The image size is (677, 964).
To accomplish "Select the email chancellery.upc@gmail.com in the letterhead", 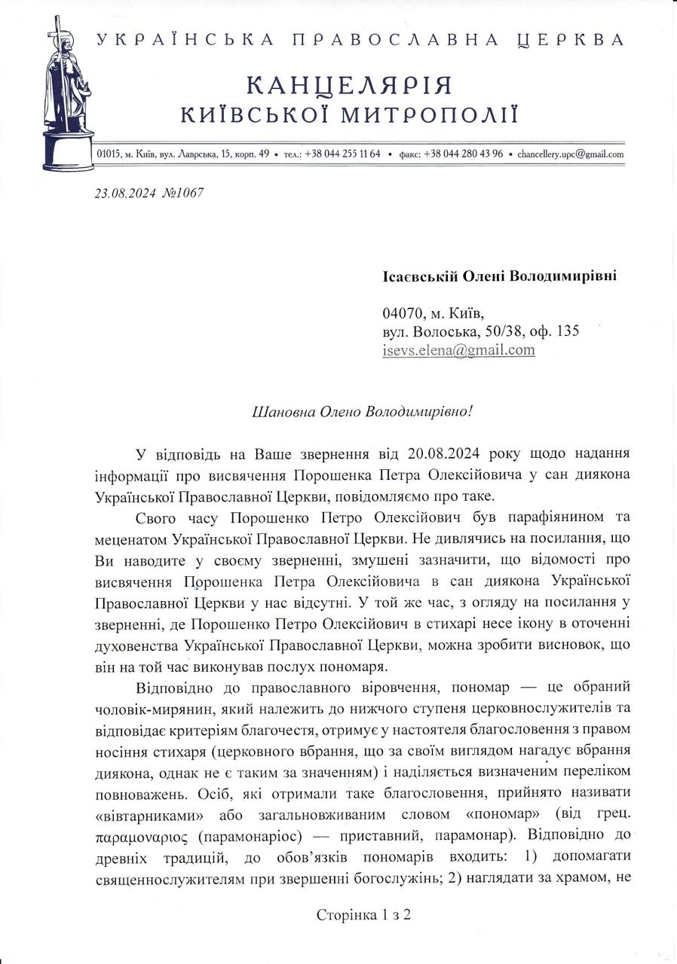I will point(571,154).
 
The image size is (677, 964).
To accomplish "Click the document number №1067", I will point(182,193).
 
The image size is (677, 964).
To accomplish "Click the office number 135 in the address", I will point(567,331).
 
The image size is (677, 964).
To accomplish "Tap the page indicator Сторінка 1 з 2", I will point(363,915).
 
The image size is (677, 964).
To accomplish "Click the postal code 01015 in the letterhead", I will point(109,154).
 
